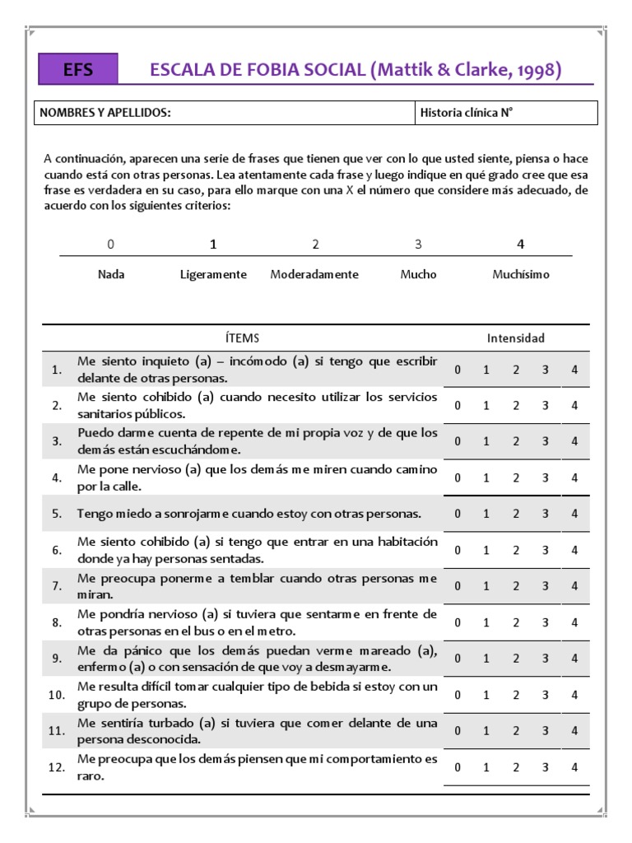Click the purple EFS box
click(78, 71)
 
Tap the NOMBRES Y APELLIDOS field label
click(105, 113)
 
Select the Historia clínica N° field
click(467, 113)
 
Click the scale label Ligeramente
click(213, 274)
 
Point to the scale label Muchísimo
click(520, 274)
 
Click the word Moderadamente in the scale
click(314, 274)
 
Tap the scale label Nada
click(111, 274)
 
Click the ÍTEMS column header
click(242, 338)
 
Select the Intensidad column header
click(515, 338)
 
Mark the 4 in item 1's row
click(574, 370)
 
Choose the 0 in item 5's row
click(458, 514)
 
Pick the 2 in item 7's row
click(516, 586)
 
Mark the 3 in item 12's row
click(545, 766)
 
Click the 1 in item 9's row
click(486, 659)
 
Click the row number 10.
click(57, 695)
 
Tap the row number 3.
click(57, 442)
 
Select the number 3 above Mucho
click(418, 245)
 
